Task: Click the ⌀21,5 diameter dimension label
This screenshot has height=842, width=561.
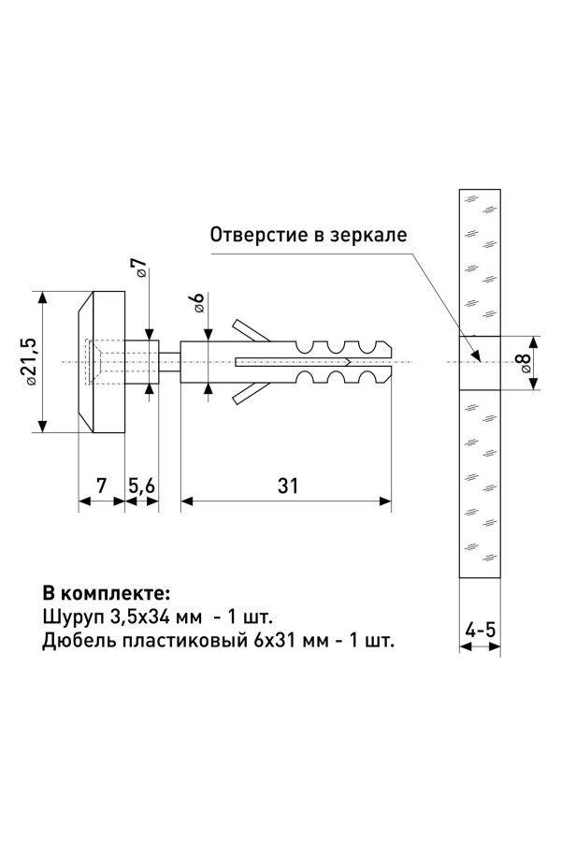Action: [x=28, y=361]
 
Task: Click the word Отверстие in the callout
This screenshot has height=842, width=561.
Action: [x=252, y=234]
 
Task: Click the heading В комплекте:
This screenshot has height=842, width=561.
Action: [x=106, y=593]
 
